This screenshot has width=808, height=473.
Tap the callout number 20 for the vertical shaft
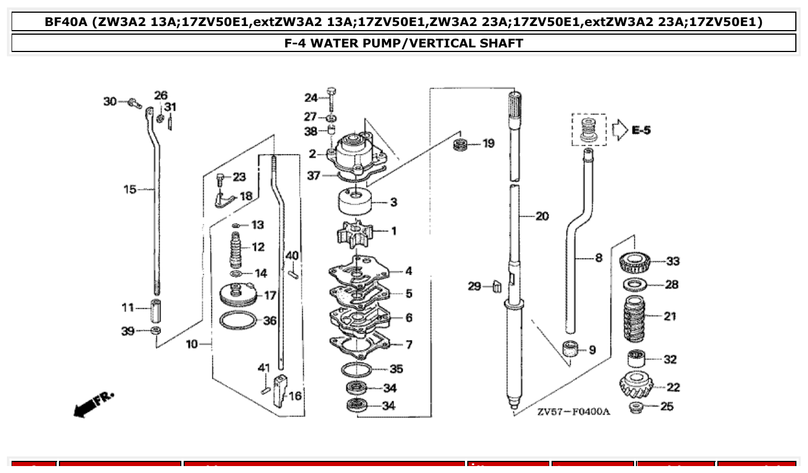coord(542,216)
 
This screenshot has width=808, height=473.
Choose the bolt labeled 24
coord(332,99)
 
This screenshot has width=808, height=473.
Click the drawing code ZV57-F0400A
coord(572,412)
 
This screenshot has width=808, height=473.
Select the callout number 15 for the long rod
coord(130,189)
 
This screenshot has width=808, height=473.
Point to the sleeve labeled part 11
coord(155,311)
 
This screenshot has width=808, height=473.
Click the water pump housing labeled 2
coord(355,153)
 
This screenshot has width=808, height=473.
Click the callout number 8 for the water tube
coord(598,257)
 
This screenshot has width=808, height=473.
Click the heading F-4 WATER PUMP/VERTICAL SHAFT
coord(404,43)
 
